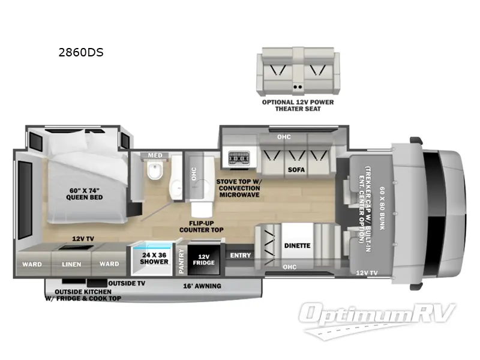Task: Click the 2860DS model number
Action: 81,52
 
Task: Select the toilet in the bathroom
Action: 155,173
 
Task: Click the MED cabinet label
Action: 155,156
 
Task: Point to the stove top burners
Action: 238,160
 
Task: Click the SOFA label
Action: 296,170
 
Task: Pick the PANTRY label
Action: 181,262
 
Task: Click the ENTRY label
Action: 240,256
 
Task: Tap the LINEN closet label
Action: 71,263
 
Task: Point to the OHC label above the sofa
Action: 284,137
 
